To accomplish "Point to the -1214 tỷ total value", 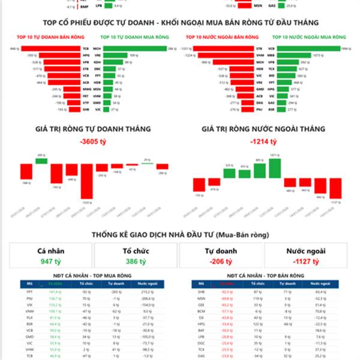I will [x=265, y=142].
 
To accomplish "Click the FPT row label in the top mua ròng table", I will [x=29, y=290].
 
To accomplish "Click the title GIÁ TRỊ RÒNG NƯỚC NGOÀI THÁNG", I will [x=264, y=129].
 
